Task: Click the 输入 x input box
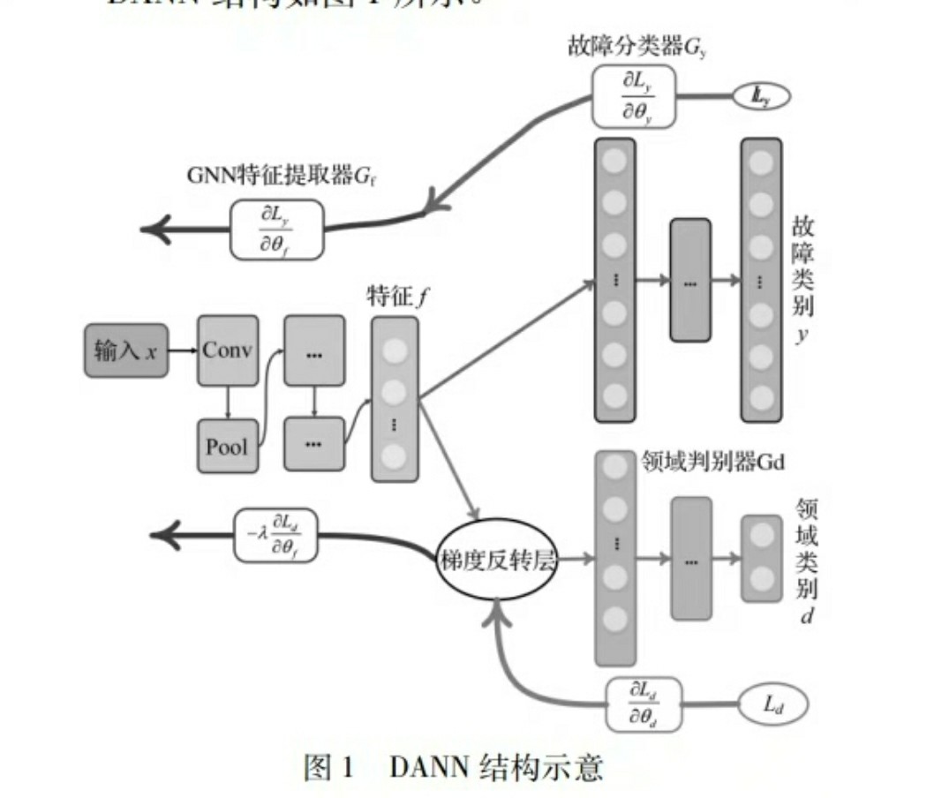126,350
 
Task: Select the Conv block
227,350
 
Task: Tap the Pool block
227,446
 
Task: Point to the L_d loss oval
773,704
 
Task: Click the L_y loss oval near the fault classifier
760,97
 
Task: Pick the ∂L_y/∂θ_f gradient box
276,230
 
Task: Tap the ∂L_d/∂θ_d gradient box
644,704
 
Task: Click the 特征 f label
395,297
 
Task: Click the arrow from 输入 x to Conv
182,350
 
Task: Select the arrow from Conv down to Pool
227,402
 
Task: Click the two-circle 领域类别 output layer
761,558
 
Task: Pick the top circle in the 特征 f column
395,350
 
